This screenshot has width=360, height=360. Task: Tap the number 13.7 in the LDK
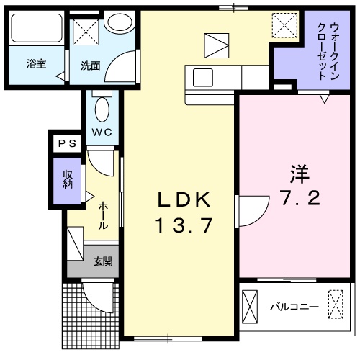point(182,226)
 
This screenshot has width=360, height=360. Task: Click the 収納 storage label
point(67,177)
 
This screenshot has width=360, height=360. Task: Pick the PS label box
point(67,143)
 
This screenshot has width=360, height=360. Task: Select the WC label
point(101,132)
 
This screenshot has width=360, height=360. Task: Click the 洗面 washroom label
point(90,65)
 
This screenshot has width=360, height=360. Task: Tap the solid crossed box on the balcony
point(251,305)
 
